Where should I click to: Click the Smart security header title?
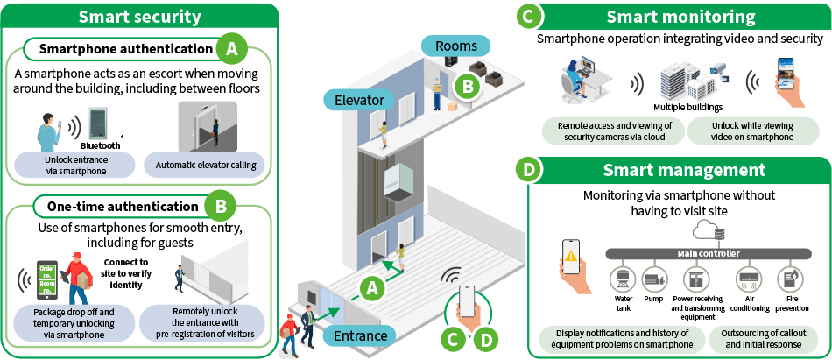[x=139, y=17]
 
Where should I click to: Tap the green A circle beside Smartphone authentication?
[x=231, y=49]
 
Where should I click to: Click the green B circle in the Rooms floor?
[x=469, y=85]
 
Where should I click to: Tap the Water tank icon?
[x=623, y=279]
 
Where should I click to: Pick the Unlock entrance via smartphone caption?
[x=74, y=165]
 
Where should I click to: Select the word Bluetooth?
[x=100, y=145]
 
